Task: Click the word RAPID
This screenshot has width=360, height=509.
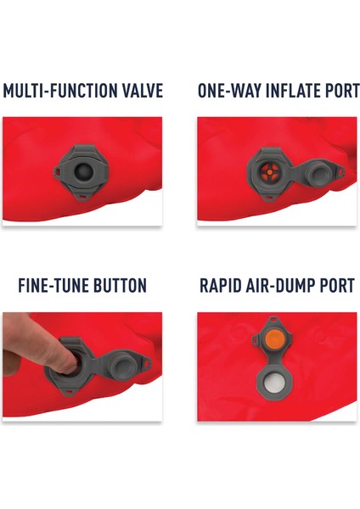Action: (222, 286)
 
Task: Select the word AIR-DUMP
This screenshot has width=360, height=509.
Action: (282, 286)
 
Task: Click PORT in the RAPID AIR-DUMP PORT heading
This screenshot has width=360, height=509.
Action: (335, 286)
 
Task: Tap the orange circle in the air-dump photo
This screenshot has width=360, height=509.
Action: (273, 339)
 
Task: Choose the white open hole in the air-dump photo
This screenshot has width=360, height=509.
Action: (273, 384)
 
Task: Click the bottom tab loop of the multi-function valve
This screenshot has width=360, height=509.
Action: (82, 196)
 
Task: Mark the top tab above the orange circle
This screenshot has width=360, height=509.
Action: (273, 319)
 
